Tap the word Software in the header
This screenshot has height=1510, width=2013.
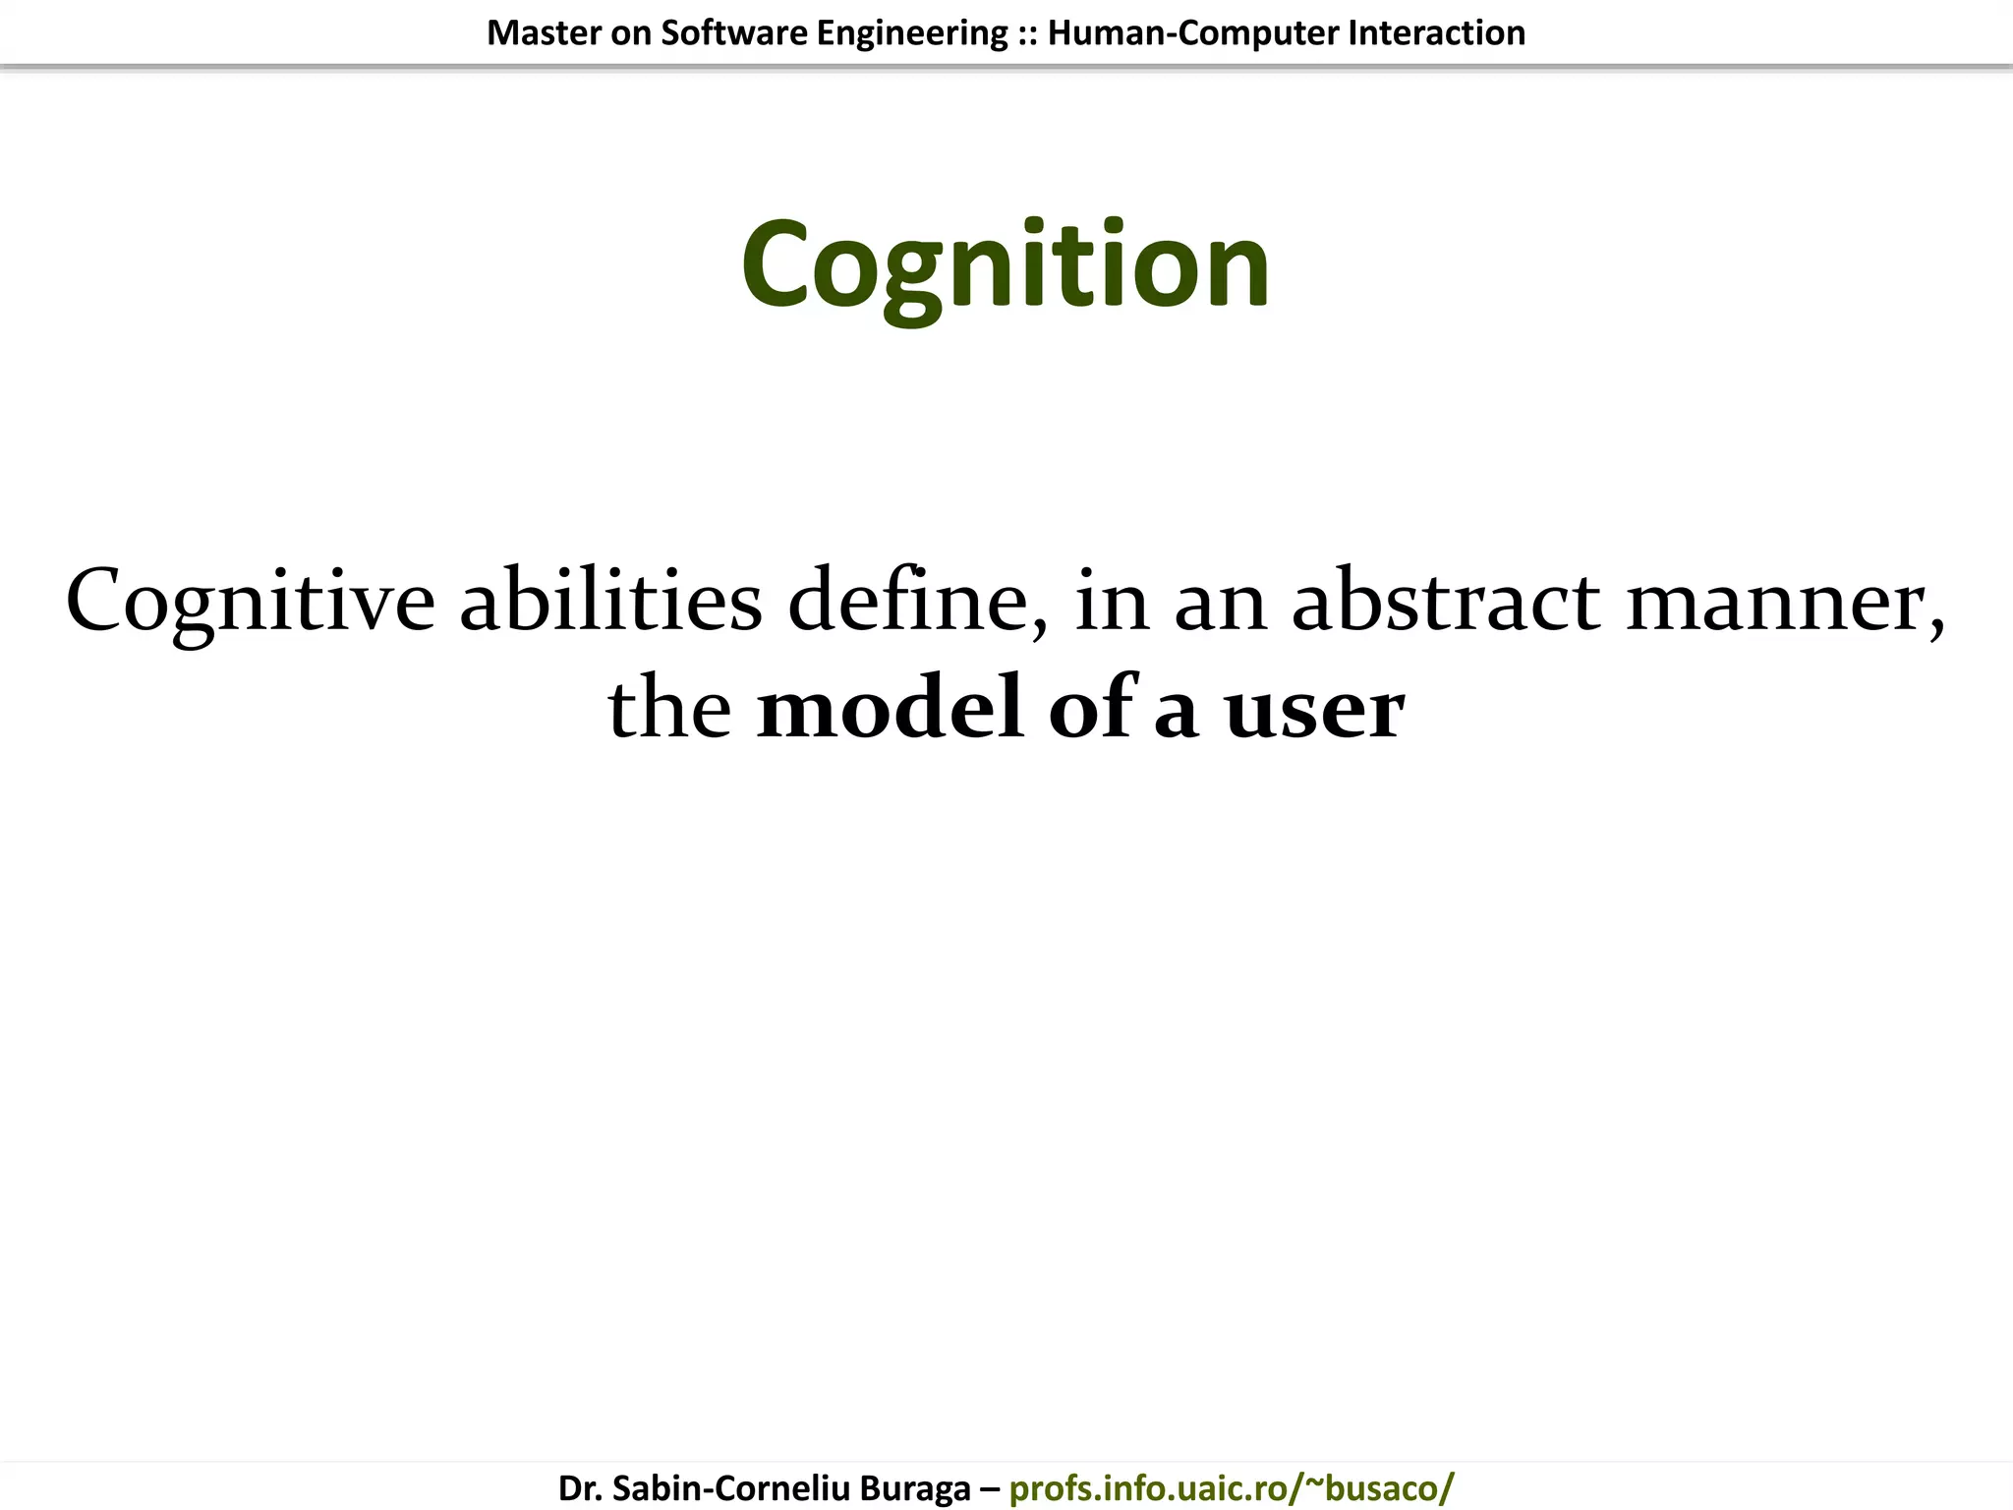pyautogui.click(x=728, y=33)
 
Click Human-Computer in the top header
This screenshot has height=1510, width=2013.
pyautogui.click(x=1192, y=33)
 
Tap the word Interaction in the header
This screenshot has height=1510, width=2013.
pyautogui.click(x=1436, y=33)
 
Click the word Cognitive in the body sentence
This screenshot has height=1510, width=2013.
pyautogui.click(x=251, y=602)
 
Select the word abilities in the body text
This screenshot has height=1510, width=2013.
pyautogui.click(x=610, y=602)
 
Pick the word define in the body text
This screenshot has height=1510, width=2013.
pyautogui.click(x=915, y=602)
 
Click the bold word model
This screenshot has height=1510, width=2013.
pyautogui.click(x=889, y=708)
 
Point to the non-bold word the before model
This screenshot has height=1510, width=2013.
pyautogui.click(x=669, y=708)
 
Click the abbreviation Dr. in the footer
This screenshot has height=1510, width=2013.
pyautogui.click(x=581, y=1488)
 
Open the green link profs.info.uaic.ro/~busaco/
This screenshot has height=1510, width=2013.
pyautogui.click(x=1231, y=1488)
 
